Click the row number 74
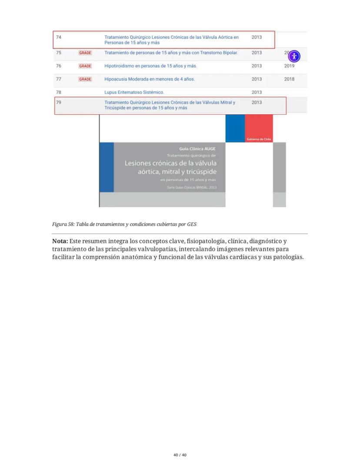pyautogui.click(x=58, y=37)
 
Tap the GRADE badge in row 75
pyautogui.click(x=85, y=53)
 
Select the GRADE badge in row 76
pyautogui.click(x=85, y=66)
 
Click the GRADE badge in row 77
pyautogui.click(x=85, y=79)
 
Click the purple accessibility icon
pyautogui.click(x=294, y=56)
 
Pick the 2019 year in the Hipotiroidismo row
pyautogui.click(x=289, y=66)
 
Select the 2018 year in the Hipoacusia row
pyautogui.click(x=289, y=79)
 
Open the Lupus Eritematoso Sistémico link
pyautogui.click(x=134, y=92)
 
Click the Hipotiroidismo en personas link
pyautogui.click(x=150, y=66)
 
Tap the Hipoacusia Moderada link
pyautogui.click(x=150, y=79)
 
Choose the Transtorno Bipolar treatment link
pyautogui.click(x=171, y=53)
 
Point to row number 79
pyautogui.click(x=58, y=103)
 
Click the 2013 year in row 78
pyautogui.click(x=257, y=92)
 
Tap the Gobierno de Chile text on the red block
pyautogui.click(x=259, y=139)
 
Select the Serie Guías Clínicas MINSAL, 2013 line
pyautogui.click(x=191, y=188)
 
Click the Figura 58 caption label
pyautogui.click(x=63, y=225)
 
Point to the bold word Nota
pyautogui.click(x=60, y=241)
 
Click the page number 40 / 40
pyautogui.click(x=180, y=455)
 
